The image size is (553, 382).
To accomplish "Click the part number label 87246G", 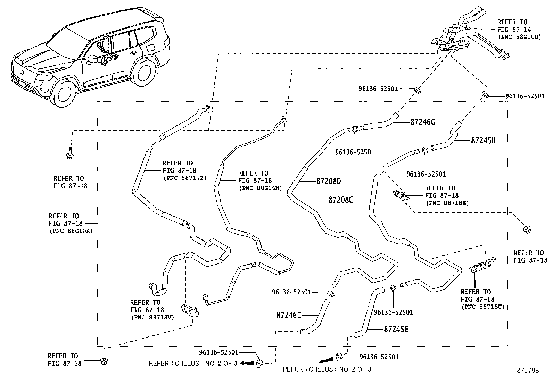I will (422, 122).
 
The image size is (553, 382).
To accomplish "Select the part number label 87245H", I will (483, 140).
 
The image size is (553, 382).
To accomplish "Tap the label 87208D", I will (329, 181).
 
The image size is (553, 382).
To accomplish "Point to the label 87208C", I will (341, 200).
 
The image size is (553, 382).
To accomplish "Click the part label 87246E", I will (289, 315).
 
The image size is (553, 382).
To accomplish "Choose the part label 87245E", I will (396, 329).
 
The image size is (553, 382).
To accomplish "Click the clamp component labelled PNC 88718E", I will (402, 197).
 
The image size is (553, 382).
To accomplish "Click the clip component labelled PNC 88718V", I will (191, 310).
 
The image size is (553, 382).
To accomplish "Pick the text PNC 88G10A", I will (71, 230).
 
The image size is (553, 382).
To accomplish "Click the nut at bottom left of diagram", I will (103, 361).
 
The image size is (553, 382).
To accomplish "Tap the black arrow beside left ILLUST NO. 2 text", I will (248, 363).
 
